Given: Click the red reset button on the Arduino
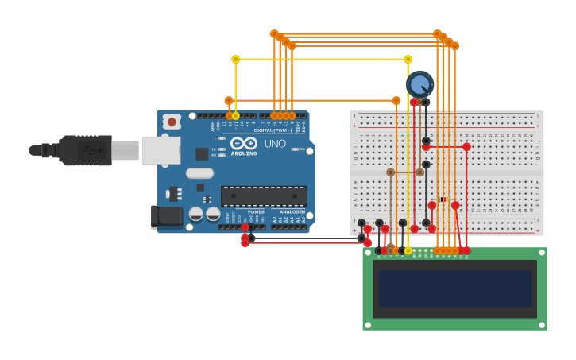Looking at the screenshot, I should click(171, 122).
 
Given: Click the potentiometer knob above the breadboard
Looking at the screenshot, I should click(419, 83).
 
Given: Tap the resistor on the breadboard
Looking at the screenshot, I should click(443, 199).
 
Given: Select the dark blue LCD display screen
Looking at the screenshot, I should click(454, 288).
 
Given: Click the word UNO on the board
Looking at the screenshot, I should click(275, 144).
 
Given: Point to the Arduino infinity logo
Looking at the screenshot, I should click(244, 143).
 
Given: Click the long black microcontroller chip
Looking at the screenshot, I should click(264, 195).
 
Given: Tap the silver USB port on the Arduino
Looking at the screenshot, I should click(160, 149).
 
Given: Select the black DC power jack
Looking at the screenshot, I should click(166, 215).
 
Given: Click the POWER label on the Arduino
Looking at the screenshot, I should click(256, 212).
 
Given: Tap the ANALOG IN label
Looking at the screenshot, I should click(292, 212).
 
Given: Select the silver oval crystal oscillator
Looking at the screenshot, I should click(200, 172).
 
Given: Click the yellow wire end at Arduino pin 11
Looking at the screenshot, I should click(235, 116).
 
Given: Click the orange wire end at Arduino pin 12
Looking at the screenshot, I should click(229, 116).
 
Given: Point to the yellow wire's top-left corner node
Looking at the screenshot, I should click(235, 59).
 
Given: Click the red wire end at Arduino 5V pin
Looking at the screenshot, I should click(245, 227).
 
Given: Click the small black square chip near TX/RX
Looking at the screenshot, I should click(202, 153).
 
